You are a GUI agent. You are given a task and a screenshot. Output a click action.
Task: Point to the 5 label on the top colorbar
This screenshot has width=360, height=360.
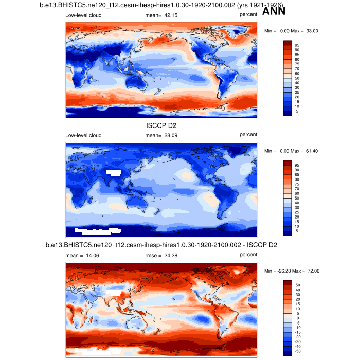point(296,111)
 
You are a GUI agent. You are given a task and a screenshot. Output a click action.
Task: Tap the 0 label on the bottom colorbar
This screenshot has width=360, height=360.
point(296,318)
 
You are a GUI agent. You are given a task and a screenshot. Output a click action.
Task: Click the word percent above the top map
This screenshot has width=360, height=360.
point(248,15)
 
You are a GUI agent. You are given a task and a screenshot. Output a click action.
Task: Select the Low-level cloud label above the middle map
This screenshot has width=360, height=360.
point(83,136)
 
